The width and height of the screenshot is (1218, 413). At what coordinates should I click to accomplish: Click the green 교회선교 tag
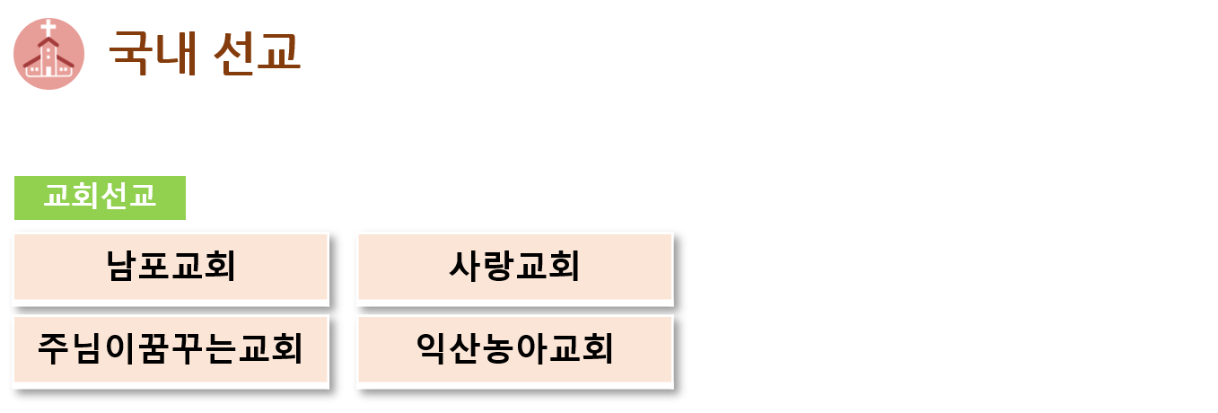(x=100, y=198)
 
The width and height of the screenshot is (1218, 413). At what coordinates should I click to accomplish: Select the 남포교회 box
(x=171, y=267)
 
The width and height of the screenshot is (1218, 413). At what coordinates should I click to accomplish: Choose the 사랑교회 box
(x=515, y=267)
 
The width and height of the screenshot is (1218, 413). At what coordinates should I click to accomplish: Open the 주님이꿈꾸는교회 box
(x=171, y=349)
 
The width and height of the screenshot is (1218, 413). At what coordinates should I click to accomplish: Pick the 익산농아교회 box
(x=515, y=349)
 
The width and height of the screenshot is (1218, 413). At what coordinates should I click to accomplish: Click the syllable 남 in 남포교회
(x=121, y=267)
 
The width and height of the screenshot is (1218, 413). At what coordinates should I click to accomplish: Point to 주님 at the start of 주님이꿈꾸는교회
(x=70, y=348)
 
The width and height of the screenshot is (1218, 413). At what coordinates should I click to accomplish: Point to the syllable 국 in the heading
(x=131, y=53)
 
